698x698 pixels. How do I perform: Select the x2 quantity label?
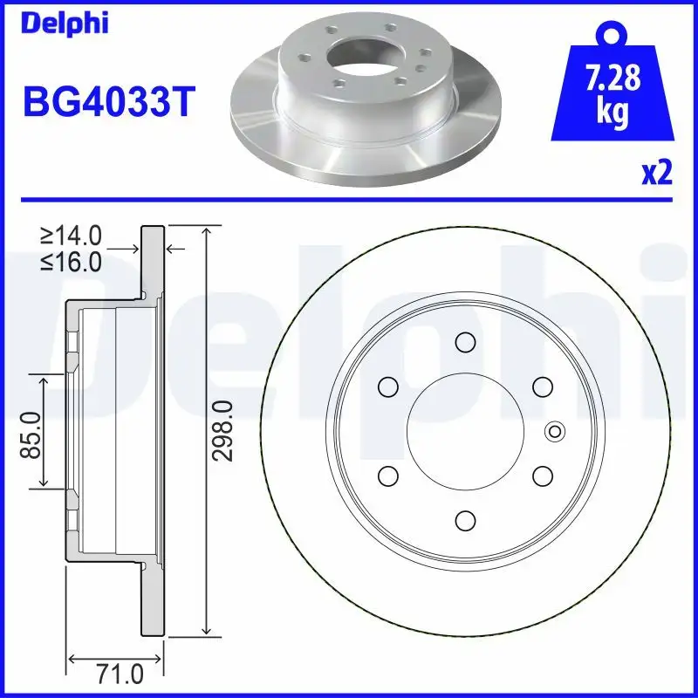tap(656, 174)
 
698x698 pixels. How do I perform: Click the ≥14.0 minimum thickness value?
tap(72, 235)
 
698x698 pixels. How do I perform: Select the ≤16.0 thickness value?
tap(72, 260)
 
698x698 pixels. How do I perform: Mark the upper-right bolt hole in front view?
tap(541, 386)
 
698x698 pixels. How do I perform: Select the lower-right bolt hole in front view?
tap(541, 476)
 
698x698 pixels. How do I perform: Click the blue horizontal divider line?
tap(349, 201)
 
